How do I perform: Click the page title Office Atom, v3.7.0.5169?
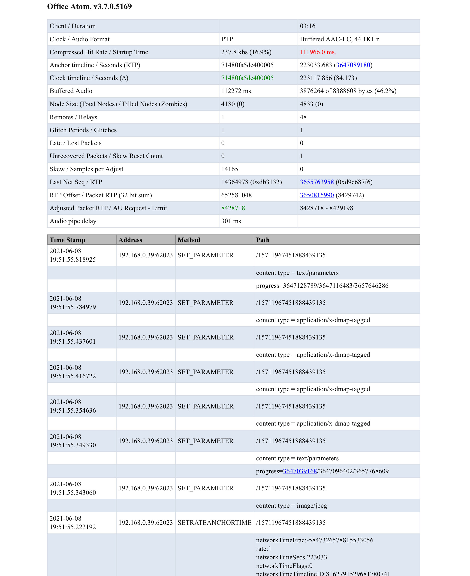[x=89, y=6]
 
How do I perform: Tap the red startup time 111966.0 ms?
[x=318, y=52]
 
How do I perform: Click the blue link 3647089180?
[x=353, y=65]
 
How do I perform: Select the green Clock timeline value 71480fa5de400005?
[x=247, y=78]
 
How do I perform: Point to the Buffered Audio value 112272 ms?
[x=237, y=91]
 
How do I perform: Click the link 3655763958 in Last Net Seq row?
[x=317, y=182]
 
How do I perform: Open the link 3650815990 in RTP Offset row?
[x=317, y=195]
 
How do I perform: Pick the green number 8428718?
[x=233, y=208]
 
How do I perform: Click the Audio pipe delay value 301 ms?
[x=232, y=221]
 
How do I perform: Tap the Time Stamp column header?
[x=67, y=240]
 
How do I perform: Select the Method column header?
[x=189, y=240]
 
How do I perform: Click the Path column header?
[x=263, y=240]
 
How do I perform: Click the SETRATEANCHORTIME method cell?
[x=214, y=523]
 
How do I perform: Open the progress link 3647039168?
[x=300, y=471]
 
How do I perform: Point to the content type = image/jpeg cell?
[x=291, y=506]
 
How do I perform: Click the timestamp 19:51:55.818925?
[x=72, y=260]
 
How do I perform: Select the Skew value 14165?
[x=230, y=169]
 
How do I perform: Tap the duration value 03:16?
[x=307, y=26]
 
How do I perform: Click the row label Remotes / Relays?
[x=73, y=117]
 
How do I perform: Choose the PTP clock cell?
[x=227, y=39]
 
